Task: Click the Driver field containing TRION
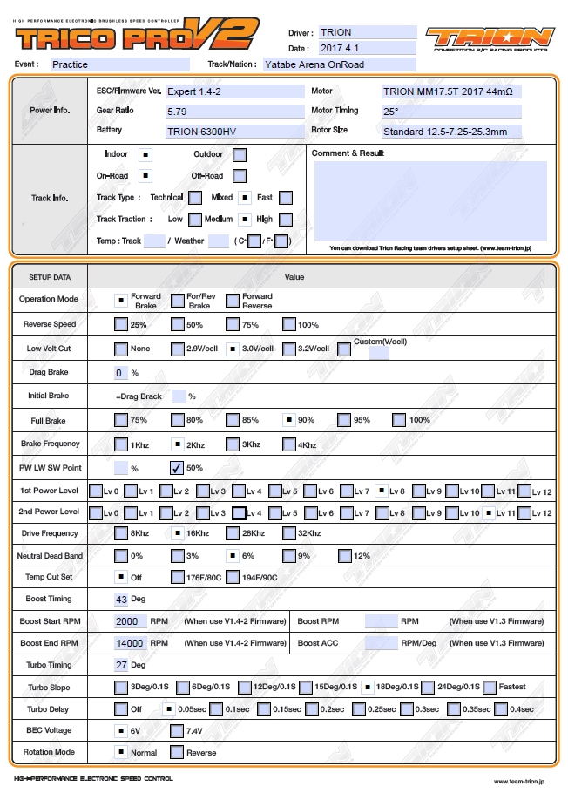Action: [x=367, y=32]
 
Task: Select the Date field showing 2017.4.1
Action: [x=367, y=49]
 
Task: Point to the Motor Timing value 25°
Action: [x=450, y=112]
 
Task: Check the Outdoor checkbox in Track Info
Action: [x=240, y=155]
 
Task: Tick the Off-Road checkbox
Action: [x=240, y=176]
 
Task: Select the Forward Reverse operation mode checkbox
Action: [x=233, y=301]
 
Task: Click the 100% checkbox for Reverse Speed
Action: [x=289, y=324]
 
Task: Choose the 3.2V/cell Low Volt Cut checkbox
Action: [x=289, y=349]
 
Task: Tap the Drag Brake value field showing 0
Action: [x=121, y=373]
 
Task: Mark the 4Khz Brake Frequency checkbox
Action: [x=289, y=444]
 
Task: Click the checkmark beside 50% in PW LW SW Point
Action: [x=177, y=468]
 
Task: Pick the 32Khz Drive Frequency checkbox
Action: [x=289, y=533]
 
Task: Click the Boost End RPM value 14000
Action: [x=131, y=643]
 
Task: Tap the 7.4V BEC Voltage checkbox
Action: [x=177, y=730]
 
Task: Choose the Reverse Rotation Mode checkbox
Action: [x=177, y=752]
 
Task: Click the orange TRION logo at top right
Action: [x=490, y=38]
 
